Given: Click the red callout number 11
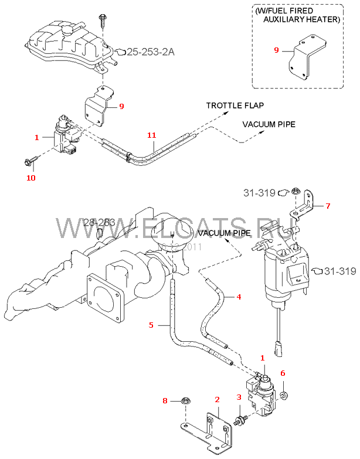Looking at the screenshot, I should tap(151, 135).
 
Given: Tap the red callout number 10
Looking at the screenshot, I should tap(31, 177).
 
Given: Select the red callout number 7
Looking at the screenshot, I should tap(328, 206).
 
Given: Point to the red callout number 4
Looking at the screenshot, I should tap(239, 297).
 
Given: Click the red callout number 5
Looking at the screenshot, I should tap(151, 324).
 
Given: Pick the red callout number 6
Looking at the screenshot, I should tap(282, 373).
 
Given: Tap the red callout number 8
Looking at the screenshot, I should tap(165, 400).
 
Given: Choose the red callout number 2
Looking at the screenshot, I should tap(217, 399).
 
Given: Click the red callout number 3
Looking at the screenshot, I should tap(239, 397).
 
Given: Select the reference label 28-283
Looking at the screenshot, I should tap(99, 222).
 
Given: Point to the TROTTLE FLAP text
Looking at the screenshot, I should tap(235, 106).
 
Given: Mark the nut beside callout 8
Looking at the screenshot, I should tap(183, 401).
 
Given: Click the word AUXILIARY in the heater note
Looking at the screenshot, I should tap(284, 19).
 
